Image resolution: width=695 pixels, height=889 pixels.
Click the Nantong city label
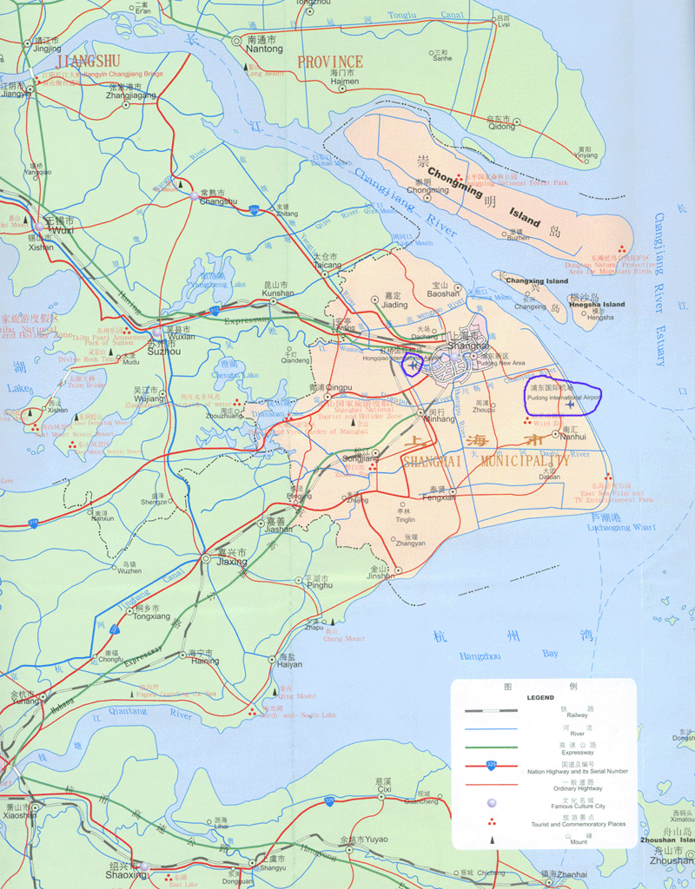(265, 49)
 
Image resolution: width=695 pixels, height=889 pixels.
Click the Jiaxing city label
(231, 562)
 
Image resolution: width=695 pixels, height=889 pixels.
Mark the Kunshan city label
(279, 293)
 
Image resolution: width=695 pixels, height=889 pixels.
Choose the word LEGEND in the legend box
(539, 697)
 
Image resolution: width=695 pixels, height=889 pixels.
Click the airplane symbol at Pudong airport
(570, 404)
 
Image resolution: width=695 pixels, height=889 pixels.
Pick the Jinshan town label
(380, 576)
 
